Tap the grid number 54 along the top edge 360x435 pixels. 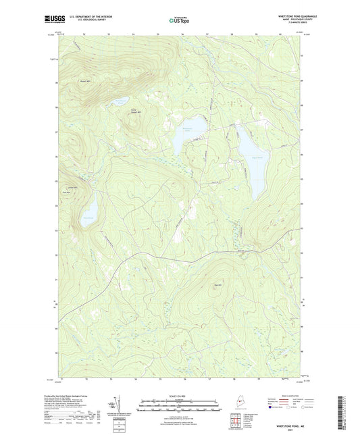click(x=134, y=32)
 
